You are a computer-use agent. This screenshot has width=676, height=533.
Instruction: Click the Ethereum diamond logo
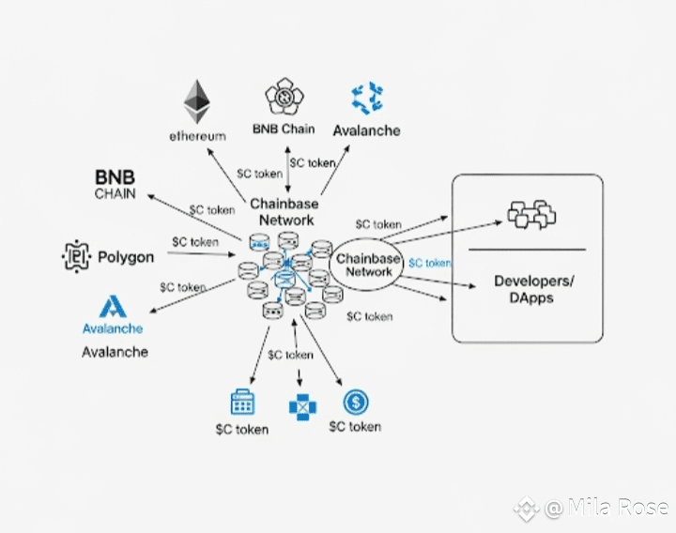(196, 101)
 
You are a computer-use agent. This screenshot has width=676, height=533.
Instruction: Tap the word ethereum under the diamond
(197, 136)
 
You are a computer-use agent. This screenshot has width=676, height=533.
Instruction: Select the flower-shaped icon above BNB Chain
(284, 96)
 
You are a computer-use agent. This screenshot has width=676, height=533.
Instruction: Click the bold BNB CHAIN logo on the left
(115, 185)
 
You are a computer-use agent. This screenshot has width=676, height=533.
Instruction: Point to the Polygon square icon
(76, 256)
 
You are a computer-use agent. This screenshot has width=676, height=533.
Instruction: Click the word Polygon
(126, 257)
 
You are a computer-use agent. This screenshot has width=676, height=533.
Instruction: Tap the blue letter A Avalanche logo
(113, 307)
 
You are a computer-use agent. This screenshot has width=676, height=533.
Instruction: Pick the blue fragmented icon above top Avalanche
(367, 99)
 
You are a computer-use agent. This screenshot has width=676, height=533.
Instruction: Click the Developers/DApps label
(533, 289)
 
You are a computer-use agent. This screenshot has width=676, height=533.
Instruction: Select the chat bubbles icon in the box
(531, 214)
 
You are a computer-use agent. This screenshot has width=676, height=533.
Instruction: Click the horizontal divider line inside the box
(527, 250)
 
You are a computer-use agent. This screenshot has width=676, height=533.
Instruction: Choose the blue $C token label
(429, 263)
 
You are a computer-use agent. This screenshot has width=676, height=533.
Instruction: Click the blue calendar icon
(242, 402)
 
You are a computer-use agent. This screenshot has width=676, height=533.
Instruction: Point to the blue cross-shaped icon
(302, 407)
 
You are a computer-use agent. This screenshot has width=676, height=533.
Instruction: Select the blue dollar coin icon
(356, 402)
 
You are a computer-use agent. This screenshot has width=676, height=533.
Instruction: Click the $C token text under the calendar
(242, 430)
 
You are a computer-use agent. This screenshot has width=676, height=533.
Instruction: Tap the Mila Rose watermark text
(607, 508)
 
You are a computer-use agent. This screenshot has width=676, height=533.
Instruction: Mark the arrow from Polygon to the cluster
(201, 253)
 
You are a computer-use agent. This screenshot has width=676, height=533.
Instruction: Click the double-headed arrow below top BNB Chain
(288, 169)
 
